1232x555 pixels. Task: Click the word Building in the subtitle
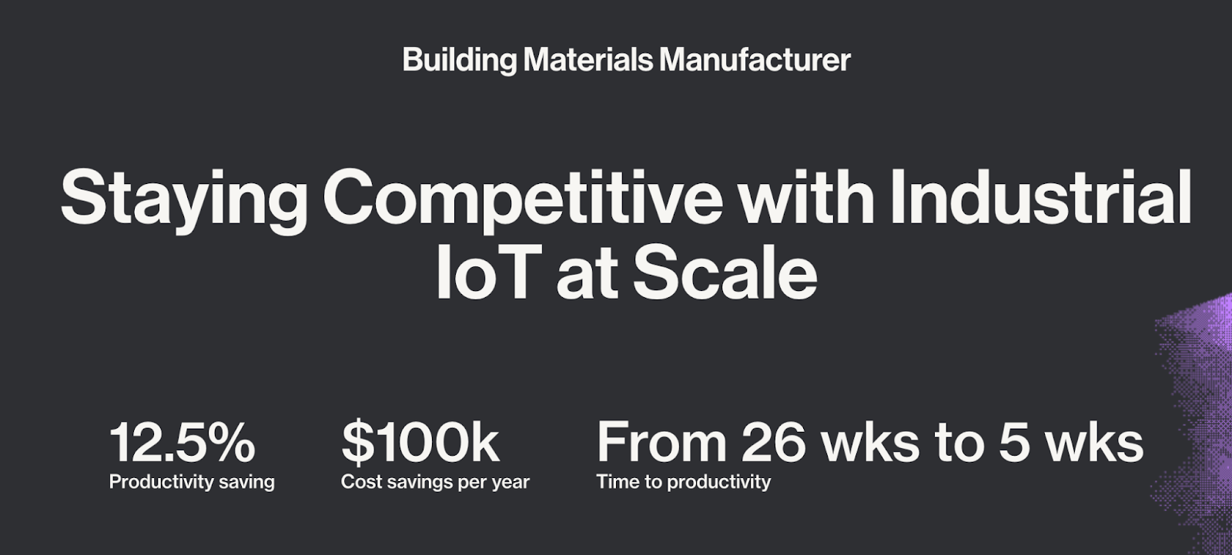pos(459,61)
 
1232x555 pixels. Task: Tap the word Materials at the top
pos(588,60)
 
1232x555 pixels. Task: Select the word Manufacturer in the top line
pos(755,60)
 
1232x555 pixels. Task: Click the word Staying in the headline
pos(184,202)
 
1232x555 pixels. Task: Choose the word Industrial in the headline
pos(1040,196)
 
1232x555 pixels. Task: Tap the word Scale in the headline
pos(725,271)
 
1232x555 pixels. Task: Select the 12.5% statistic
pos(182,443)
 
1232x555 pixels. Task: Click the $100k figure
pos(420,442)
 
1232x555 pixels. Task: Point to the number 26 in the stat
pos(773,442)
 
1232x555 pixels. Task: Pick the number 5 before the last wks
pos(1013,443)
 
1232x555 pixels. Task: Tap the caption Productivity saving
pos(192,483)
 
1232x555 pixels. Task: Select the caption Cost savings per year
pos(435,483)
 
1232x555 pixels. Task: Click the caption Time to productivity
pos(684,483)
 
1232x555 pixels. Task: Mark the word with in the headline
pos(806,196)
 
